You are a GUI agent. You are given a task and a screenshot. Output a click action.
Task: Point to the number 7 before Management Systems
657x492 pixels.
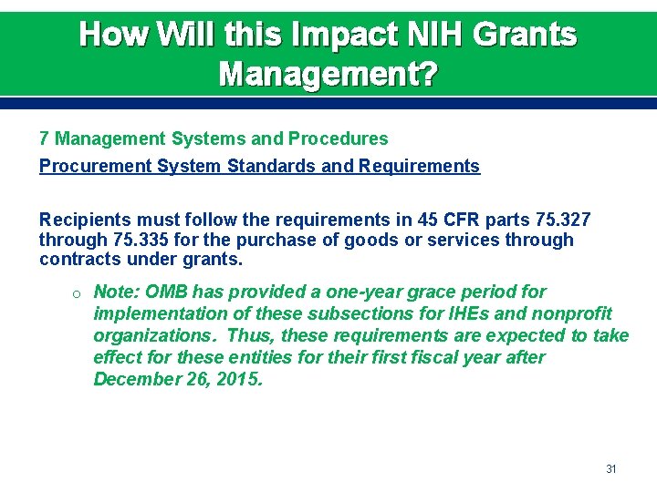[x=44, y=139]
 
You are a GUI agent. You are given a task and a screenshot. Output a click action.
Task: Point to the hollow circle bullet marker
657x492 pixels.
[x=79, y=292]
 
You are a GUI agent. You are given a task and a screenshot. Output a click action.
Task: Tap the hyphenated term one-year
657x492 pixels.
[x=353, y=292]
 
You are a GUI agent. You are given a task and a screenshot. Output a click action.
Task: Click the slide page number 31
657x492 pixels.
[x=611, y=469]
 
